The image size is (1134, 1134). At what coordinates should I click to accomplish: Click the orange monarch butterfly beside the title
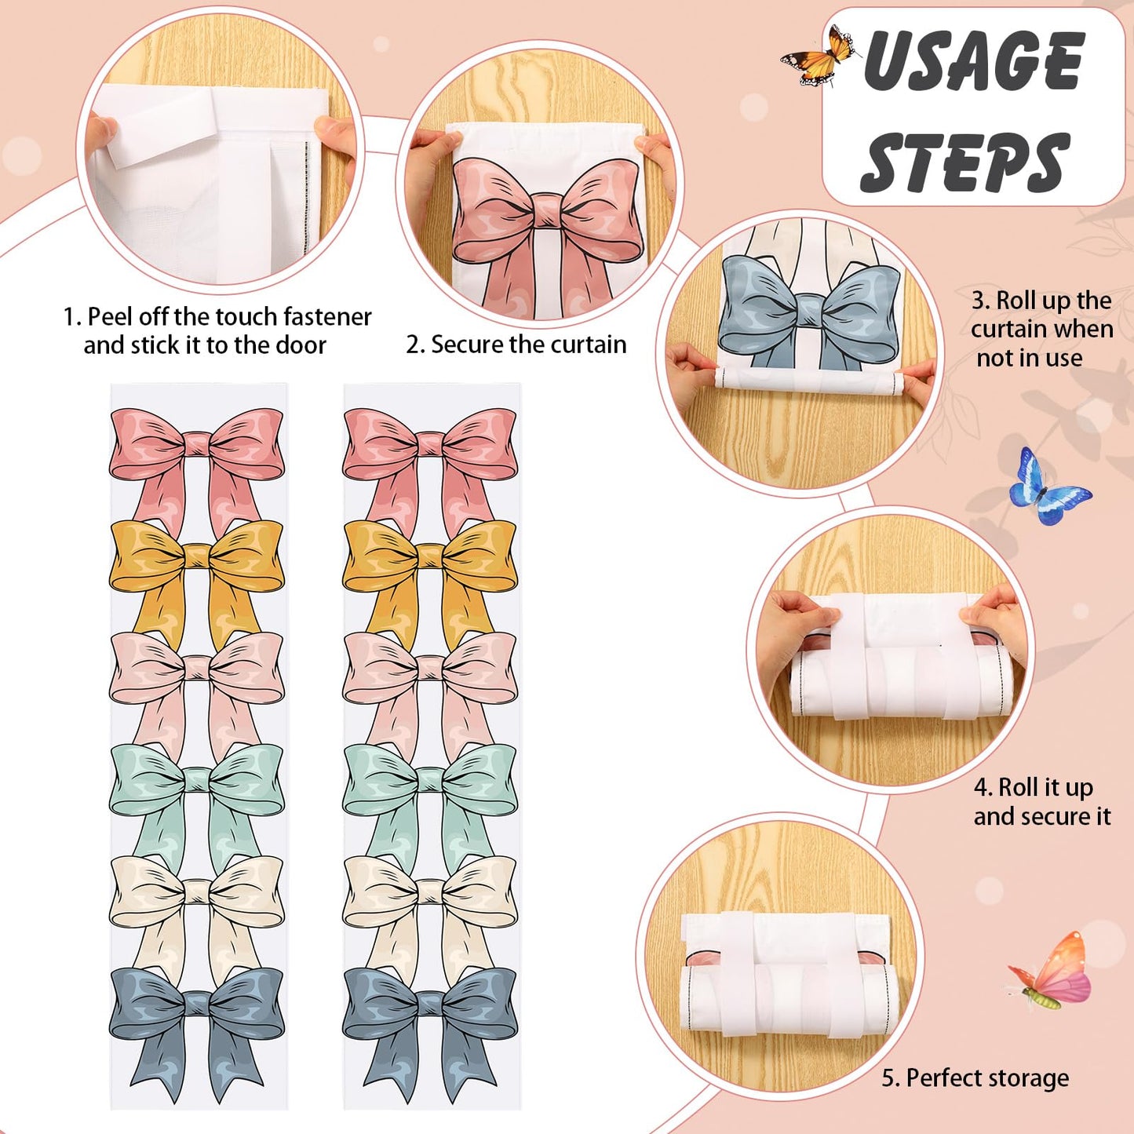[x=820, y=57]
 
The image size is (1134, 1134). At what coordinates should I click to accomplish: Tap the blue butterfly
[x=1049, y=487]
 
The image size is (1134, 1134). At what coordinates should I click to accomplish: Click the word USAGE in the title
[x=974, y=60]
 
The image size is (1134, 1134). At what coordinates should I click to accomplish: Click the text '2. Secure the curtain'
[x=516, y=345]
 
